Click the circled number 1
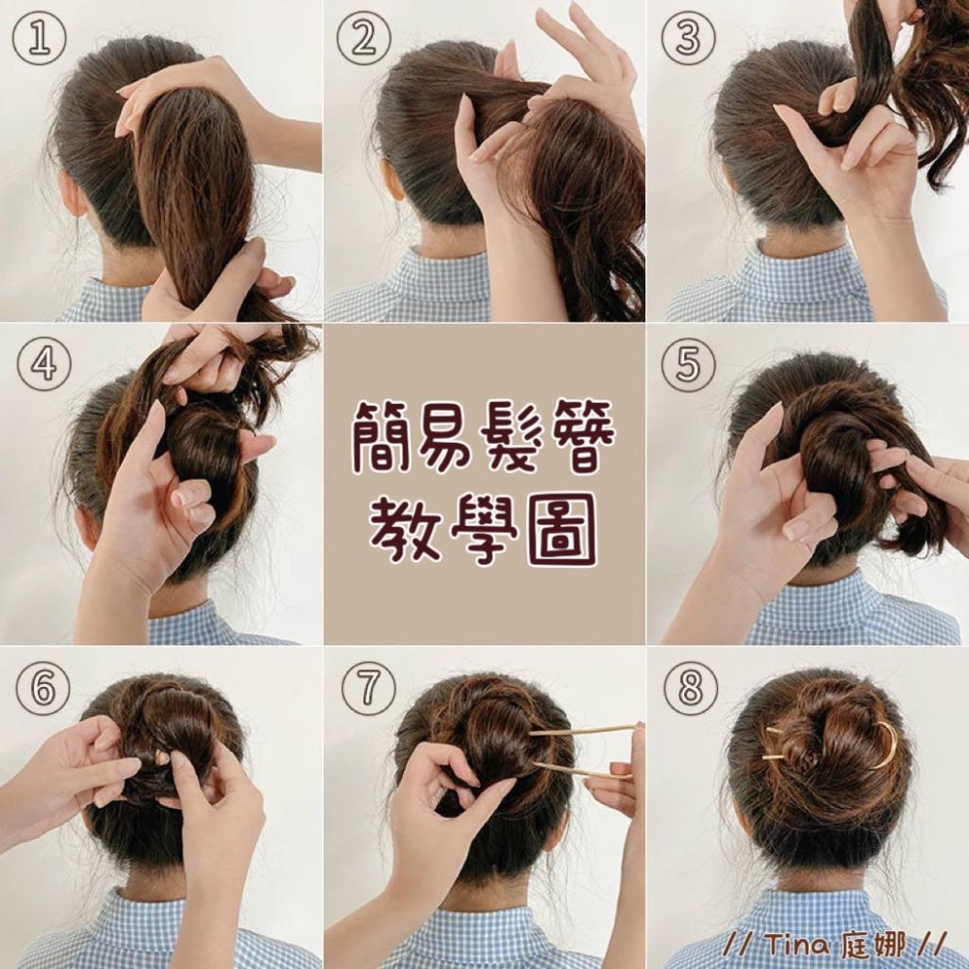coord(39,38)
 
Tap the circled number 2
coord(363,38)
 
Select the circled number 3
coord(688,38)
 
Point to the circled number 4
coord(44,363)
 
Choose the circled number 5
coord(688,363)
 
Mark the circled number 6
coord(43,688)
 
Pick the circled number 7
coord(368,688)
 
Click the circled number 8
coord(690,688)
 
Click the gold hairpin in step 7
coord(583,752)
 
